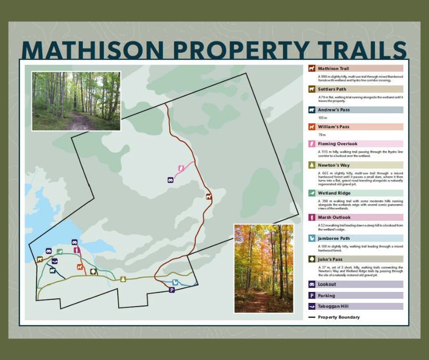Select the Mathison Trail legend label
(x=333, y=69)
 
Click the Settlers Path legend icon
(x=312, y=89)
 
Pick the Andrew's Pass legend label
(x=334, y=110)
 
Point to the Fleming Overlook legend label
(x=338, y=143)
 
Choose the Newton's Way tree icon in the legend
(x=312, y=165)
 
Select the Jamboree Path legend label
(x=335, y=238)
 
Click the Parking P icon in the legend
(x=312, y=296)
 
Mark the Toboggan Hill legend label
(x=334, y=306)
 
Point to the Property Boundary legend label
(x=339, y=317)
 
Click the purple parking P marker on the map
(x=172, y=290)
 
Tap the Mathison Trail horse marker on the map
(x=209, y=197)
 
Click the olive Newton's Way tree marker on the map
(x=123, y=279)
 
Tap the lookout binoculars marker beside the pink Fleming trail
(x=170, y=180)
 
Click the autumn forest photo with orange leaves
(x=263, y=268)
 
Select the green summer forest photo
(x=76, y=101)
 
